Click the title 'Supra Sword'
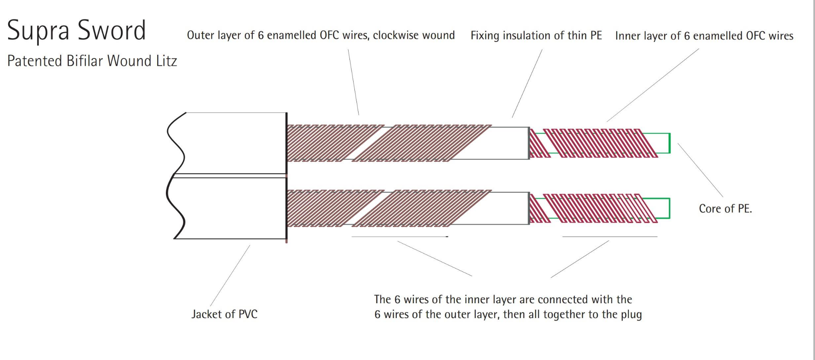click(77, 30)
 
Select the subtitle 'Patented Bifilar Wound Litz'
click(92, 61)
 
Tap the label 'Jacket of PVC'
click(224, 314)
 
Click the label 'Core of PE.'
click(725, 209)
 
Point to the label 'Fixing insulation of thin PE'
click(536, 35)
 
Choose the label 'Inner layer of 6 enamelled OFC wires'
click(704, 36)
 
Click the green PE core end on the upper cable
click(664, 143)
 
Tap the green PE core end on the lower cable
click(663, 208)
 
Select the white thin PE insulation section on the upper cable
click(509, 143)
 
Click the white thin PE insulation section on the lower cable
click(509, 208)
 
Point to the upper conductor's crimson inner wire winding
click(597, 143)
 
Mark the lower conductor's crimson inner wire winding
click(597, 208)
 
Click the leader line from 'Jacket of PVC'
click(230, 276)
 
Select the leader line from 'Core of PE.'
click(700, 170)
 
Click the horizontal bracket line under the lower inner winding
click(610, 237)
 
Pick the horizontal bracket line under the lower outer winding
click(399, 237)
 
